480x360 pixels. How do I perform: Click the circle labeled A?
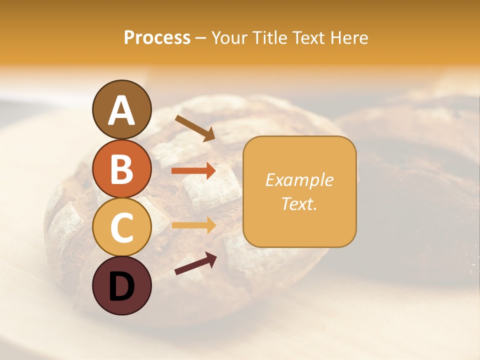121,109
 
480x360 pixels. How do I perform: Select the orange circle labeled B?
121,168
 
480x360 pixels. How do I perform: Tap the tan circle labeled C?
121,227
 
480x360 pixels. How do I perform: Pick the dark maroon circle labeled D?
121,285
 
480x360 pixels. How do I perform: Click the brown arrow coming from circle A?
194,127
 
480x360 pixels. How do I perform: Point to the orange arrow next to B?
193,171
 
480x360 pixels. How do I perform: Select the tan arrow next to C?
193,225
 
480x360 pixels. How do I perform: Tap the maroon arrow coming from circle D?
195,263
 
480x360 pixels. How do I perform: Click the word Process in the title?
157,37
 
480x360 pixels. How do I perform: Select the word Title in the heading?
270,37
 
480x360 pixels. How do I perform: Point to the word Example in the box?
299,180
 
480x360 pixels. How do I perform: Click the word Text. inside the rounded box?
299,203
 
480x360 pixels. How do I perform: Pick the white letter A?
121,110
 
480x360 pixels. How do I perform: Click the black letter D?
121,286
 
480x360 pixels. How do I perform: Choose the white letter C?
121,228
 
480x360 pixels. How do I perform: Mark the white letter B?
121,169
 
